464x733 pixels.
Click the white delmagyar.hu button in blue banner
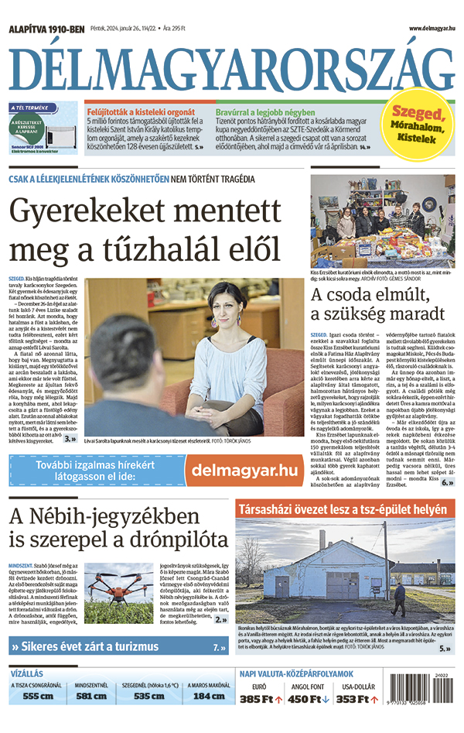coord(244,470)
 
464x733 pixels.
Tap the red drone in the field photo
coord(118,584)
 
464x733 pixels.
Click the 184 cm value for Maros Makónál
coord(207,696)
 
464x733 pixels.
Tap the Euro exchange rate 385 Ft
coord(258,700)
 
